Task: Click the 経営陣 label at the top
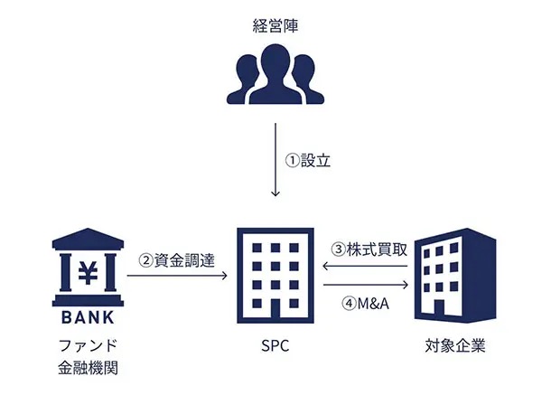tap(275, 26)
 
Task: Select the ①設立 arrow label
tap(308, 160)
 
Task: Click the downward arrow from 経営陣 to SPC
tap(275, 159)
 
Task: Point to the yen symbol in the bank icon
tap(88, 273)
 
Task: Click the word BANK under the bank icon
tap(88, 317)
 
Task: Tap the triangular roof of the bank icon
tap(88, 239)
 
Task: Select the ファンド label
tap(88, 345)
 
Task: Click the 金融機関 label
tap(88, 368)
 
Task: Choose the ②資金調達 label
tap(176, 260)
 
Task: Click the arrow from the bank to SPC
tap(177, 276)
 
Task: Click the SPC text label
tap(275, 346)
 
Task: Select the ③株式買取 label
tap(369, 249)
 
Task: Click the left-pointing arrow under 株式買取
tap(365, 266)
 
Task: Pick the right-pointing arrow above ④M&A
tap(366, 285)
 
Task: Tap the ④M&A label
tap(366, 303)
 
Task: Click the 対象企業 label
tap(455, 345)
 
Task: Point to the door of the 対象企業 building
tap(439, 309)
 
